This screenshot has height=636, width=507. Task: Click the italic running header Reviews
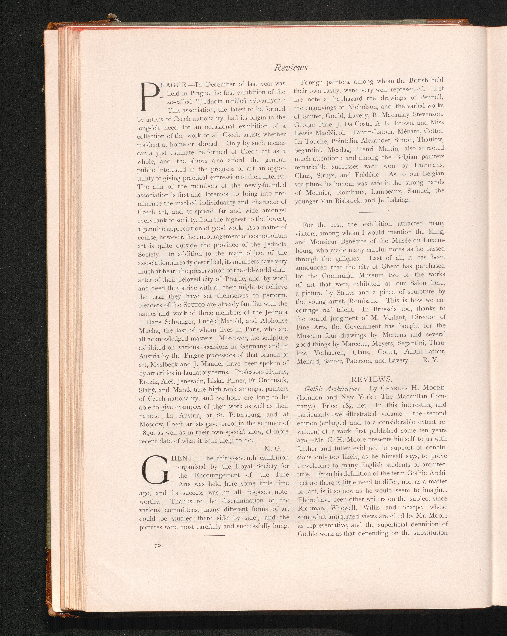click(291, 68)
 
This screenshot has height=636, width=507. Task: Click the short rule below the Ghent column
click(214, 535)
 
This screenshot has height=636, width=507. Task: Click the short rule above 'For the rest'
click(369, 212)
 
